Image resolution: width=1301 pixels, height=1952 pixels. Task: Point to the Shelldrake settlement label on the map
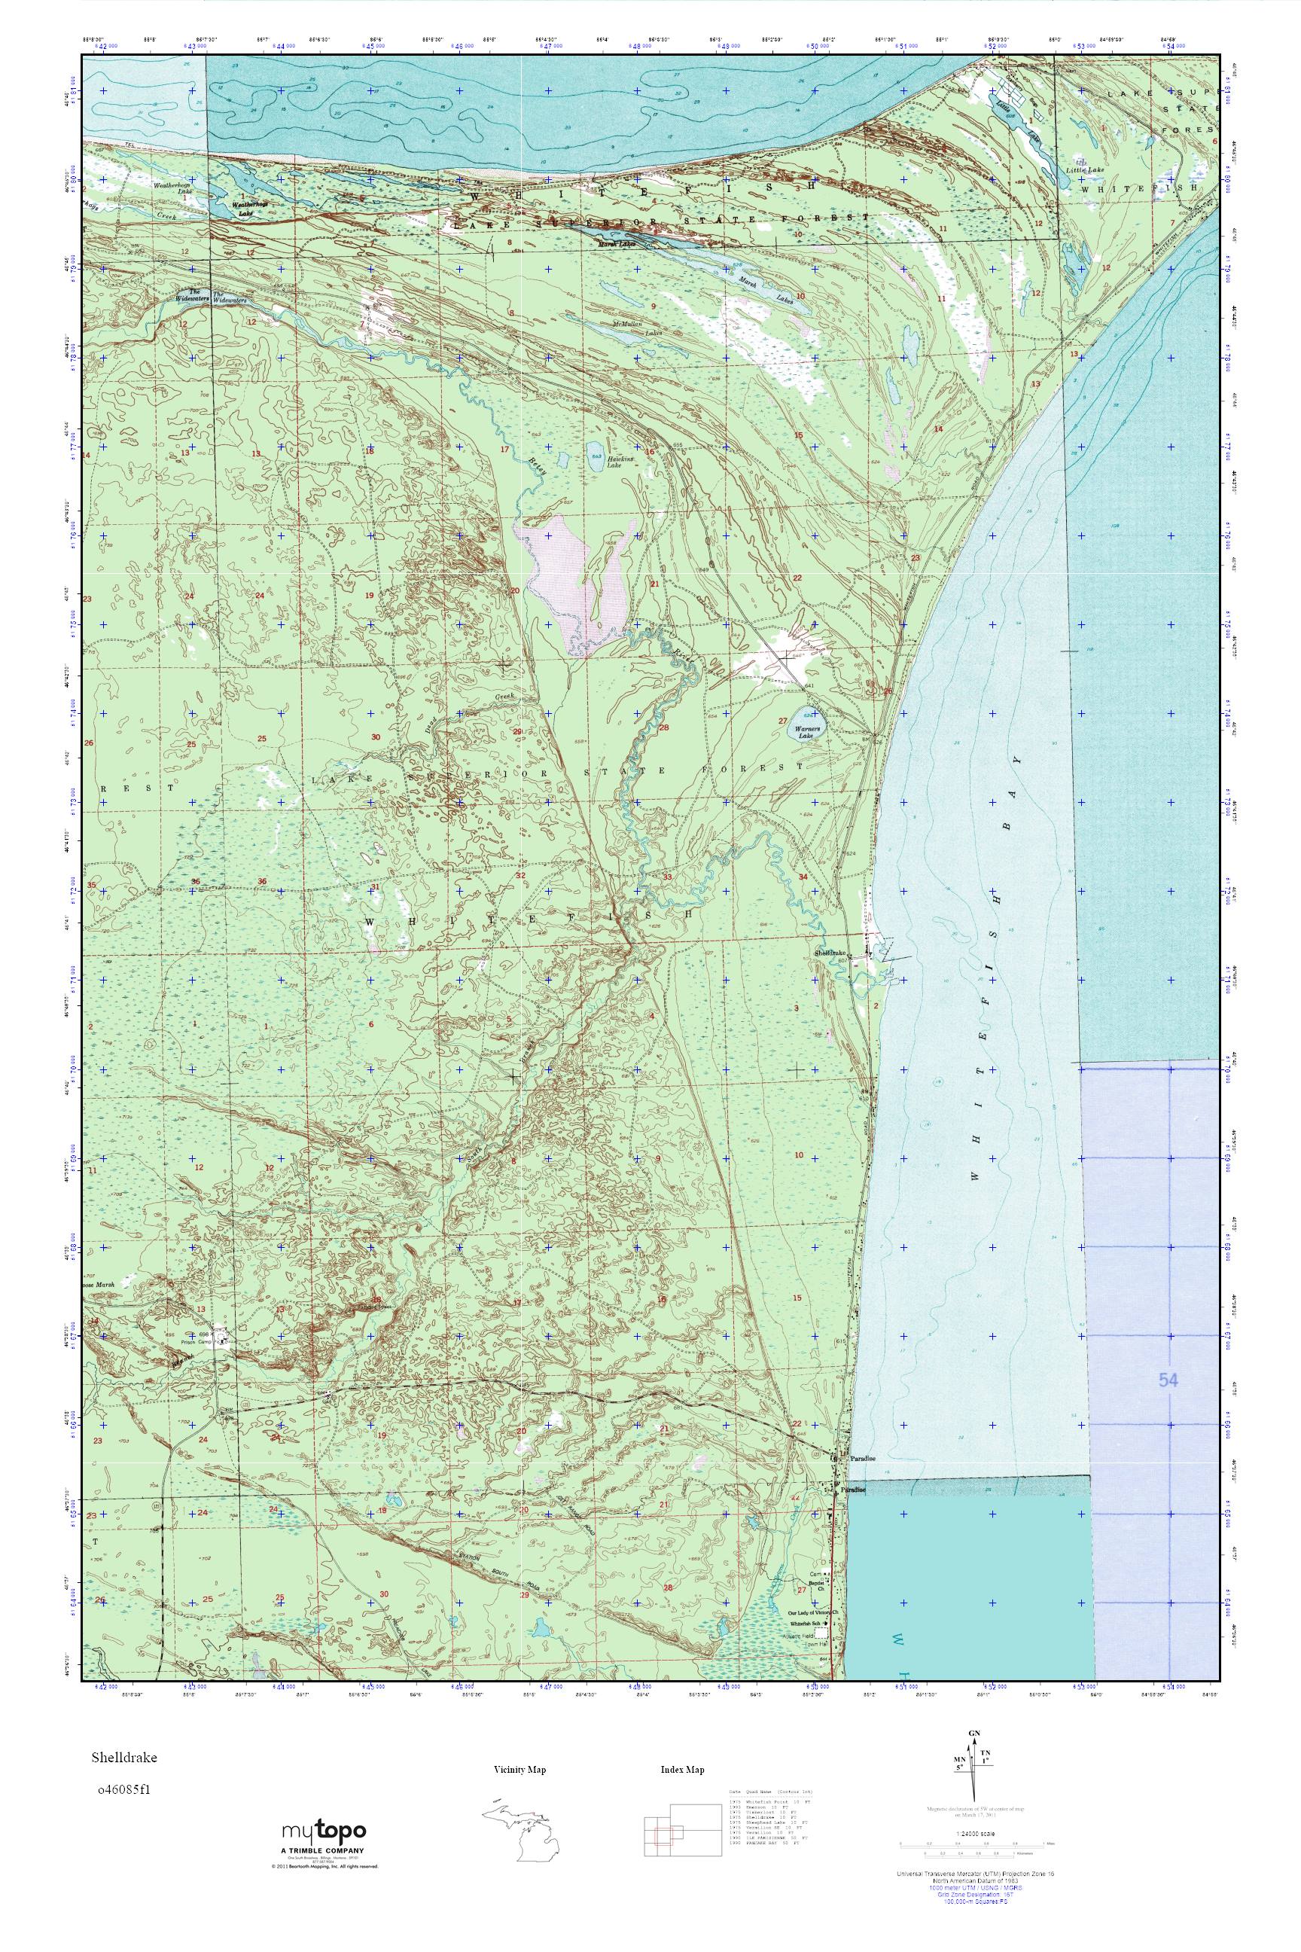coord(833,953)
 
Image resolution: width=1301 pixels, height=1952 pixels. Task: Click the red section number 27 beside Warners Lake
coord(782,721)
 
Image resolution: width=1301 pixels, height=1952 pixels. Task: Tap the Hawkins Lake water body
coord(595,456)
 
